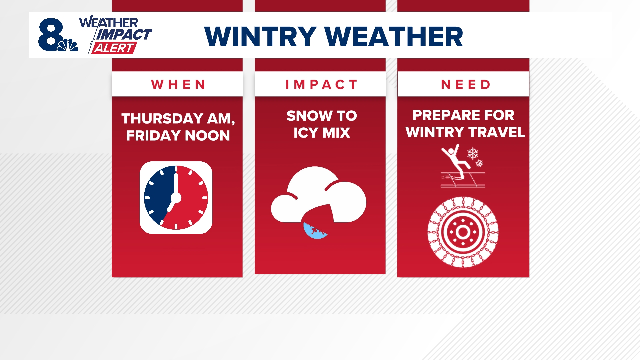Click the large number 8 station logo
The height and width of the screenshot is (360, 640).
pos(51,35)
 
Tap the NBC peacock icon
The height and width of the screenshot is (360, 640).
pos(69,45)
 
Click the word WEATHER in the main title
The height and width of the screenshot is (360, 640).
pos(394,36)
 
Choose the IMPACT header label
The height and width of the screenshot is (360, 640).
pos(321,85)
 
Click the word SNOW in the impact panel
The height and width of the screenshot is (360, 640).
pos(309,116)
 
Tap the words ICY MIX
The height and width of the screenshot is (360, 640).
pos(322,133)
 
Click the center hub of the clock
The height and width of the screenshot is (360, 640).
pos(176,197)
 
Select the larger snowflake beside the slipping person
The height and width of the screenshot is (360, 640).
pos(472,153)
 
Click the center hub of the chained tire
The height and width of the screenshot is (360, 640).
pos(463,232)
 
